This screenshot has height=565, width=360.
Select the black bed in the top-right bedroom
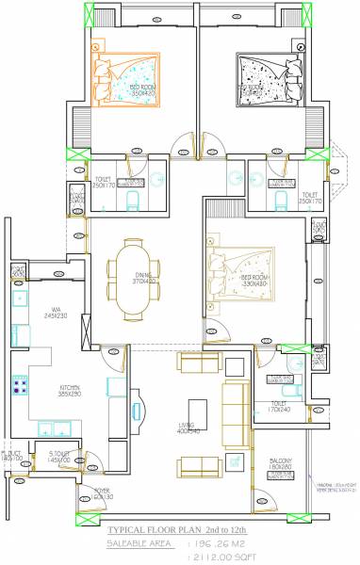pos(260,77)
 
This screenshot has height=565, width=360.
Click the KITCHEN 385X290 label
pos(71,389)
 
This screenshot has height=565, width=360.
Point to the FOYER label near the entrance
pos(103,493)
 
